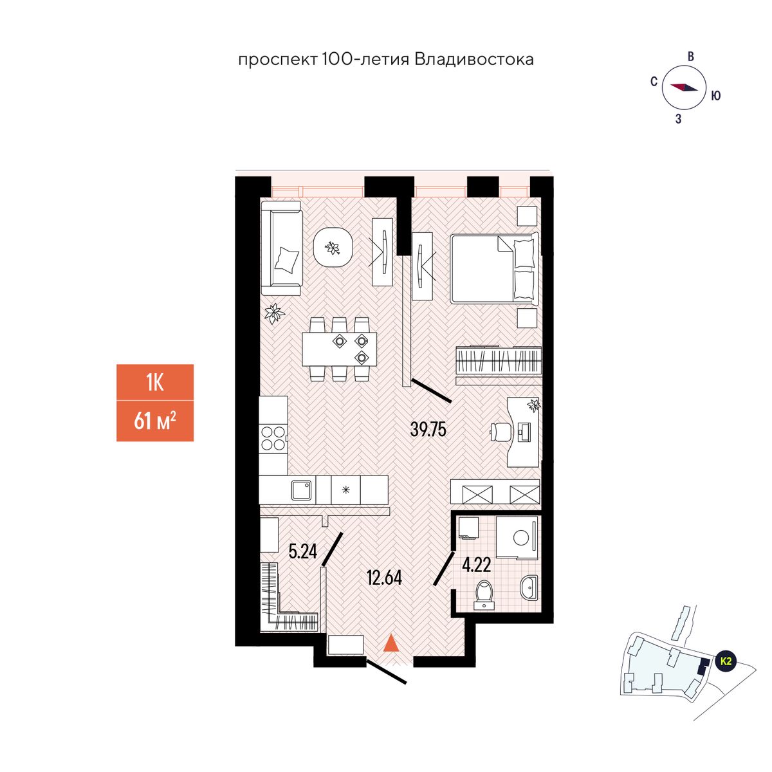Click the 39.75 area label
pyautogui.click(x=428, y=430)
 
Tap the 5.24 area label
pyautogui.click(x=303, y=551)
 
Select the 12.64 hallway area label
pyautogui.click(x=384, y=578)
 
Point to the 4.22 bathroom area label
pyautogui.click(x=476, y=565)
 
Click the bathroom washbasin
pyautogui.click(x=529, y=588)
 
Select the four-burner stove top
pyautogui.click(x=273, y=439)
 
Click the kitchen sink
pyautogui.click(x=302, y=490)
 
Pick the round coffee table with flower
pyautogui.click(x=333, y=248)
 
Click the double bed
pyautogui.click(x=493, y=269)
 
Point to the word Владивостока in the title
pyautogui.click(x=474, y=60)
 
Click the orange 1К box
pyautogui.click(x=155, y=383)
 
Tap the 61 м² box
pyautogui.click(x=155, y=421)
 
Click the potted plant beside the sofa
pyautogui.click(x=275, y=313)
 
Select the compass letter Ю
pyautogui.click(x=715, y=96)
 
